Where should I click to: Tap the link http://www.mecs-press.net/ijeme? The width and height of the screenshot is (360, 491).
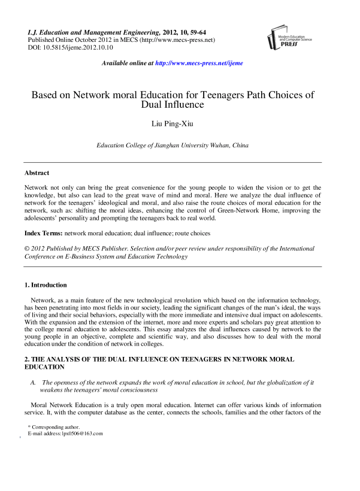coord(199,63)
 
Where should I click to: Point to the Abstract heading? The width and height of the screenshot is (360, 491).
coord(37,172)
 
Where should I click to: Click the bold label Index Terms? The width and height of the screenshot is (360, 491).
coord(43,232)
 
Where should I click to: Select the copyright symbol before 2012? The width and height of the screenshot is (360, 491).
coord(27,248)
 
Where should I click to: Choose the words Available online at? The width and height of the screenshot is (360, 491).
coord(128,63)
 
